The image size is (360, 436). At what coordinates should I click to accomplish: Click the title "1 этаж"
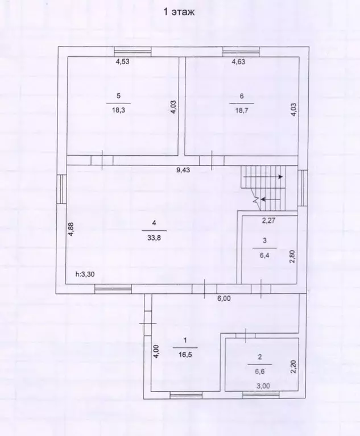[179, 13]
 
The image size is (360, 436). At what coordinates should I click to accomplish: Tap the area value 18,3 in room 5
[118, 110]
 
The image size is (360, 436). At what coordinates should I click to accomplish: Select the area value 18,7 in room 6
[242, 110]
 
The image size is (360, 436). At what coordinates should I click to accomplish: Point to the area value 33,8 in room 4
[154, 238]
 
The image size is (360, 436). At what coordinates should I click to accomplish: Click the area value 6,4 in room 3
[264, 255]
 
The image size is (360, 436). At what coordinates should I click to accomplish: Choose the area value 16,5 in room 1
[185, 355]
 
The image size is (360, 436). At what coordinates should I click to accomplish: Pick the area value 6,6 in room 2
[260, 371]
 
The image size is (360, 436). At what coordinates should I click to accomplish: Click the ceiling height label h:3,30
[85, 275]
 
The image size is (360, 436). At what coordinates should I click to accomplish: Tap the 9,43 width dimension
[183, 170]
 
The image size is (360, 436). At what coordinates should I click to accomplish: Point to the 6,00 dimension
[224, 298]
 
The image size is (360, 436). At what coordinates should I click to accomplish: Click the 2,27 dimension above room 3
[269, 221]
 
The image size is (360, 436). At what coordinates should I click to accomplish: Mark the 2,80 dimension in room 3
[292, 256]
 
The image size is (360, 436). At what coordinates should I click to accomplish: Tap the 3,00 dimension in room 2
[263, 386]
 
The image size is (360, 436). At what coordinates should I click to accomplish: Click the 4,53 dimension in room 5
[122, 61]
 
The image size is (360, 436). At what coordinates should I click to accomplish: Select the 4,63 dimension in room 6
[238, 61]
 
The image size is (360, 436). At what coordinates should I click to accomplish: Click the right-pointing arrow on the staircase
[263, 177]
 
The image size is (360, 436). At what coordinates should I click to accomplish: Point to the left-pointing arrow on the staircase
[270, 199]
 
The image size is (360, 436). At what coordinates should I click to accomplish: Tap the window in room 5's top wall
[133, 52]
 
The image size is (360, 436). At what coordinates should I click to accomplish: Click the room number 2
[260, 357]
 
